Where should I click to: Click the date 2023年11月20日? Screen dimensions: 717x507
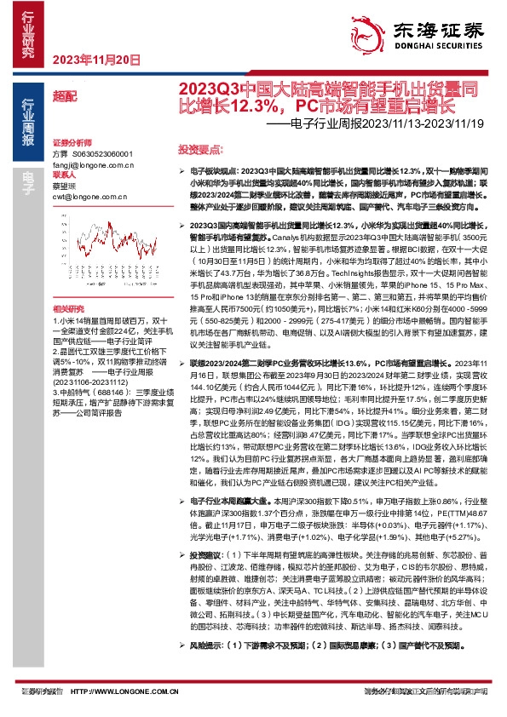[84, 59]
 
